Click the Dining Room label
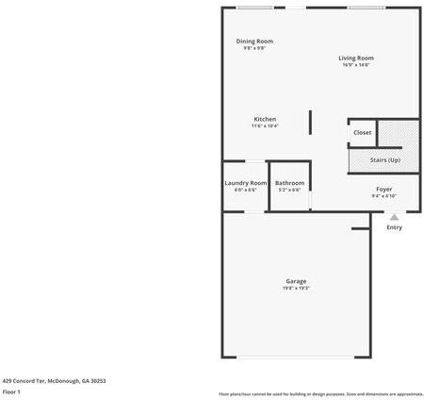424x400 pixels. pyautogui.click(x=254, y=41)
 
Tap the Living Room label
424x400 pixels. pyautogui.click(x=356, y=58)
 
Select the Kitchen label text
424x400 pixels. pyautogui.click(x=265, y=119)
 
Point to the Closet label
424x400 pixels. pyautogui.click(x=363, y=132)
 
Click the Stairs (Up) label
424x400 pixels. pyautogui.click(x=384, y=160)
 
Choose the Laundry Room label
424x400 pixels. pyautogui.click(x=245, y=182)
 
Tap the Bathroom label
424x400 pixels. pyautogui.click(x=289, y=182)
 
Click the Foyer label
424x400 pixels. pyautogui.click(x=383, y=189)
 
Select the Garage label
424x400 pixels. pyautogui.click(x=296, y=281)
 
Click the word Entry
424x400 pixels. pyautogui.click(x=394, y=227)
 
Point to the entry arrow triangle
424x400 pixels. pyautogui.click(x=394, y=217)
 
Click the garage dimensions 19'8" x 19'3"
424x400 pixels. pyautogui.click(x=296, y=288)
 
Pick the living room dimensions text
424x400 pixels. pyautogui.click(x=356, y=64)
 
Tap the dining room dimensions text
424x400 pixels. pyautogui.click(x=254, y=47)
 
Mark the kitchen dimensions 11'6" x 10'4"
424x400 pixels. pyautogui.click(x=265, y=125)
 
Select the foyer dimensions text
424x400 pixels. pyautogui.click(x=383, y=195)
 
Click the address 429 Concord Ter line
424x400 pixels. pyautogui.click(x=54, y=380)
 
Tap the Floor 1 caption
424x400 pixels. pyautogui.click(x=12, y=391)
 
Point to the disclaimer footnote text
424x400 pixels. pyautogui.click(x=320, y=393)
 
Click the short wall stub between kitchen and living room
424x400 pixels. pyautogui.click(x=311, y=122)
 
